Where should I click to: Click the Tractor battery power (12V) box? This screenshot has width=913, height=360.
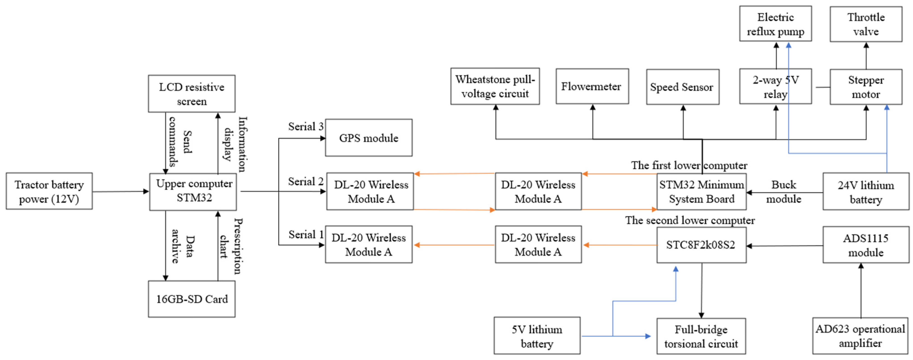(49, 191)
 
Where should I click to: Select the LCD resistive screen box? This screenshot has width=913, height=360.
(191, 94)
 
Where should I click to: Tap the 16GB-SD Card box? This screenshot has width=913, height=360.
(191, 299)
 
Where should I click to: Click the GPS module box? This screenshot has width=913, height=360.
(369, 138)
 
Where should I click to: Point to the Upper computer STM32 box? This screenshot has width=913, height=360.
(193, 191)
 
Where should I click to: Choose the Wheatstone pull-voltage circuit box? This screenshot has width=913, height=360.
(495, 86)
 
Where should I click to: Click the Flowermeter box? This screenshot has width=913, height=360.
(592, 86)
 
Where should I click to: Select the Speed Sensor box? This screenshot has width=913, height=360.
(682, 87)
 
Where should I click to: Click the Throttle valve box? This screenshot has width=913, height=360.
(866, 24)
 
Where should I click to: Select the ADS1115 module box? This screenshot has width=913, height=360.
(866, 245)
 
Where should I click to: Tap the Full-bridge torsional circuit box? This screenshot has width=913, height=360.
(701, 336)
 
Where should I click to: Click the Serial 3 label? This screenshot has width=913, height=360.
(305, 127)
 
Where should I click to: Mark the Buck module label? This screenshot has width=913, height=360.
(783, 192)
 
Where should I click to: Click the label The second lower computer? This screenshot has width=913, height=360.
(689, 220)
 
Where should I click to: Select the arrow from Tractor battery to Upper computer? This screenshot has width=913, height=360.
(121, 192)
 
